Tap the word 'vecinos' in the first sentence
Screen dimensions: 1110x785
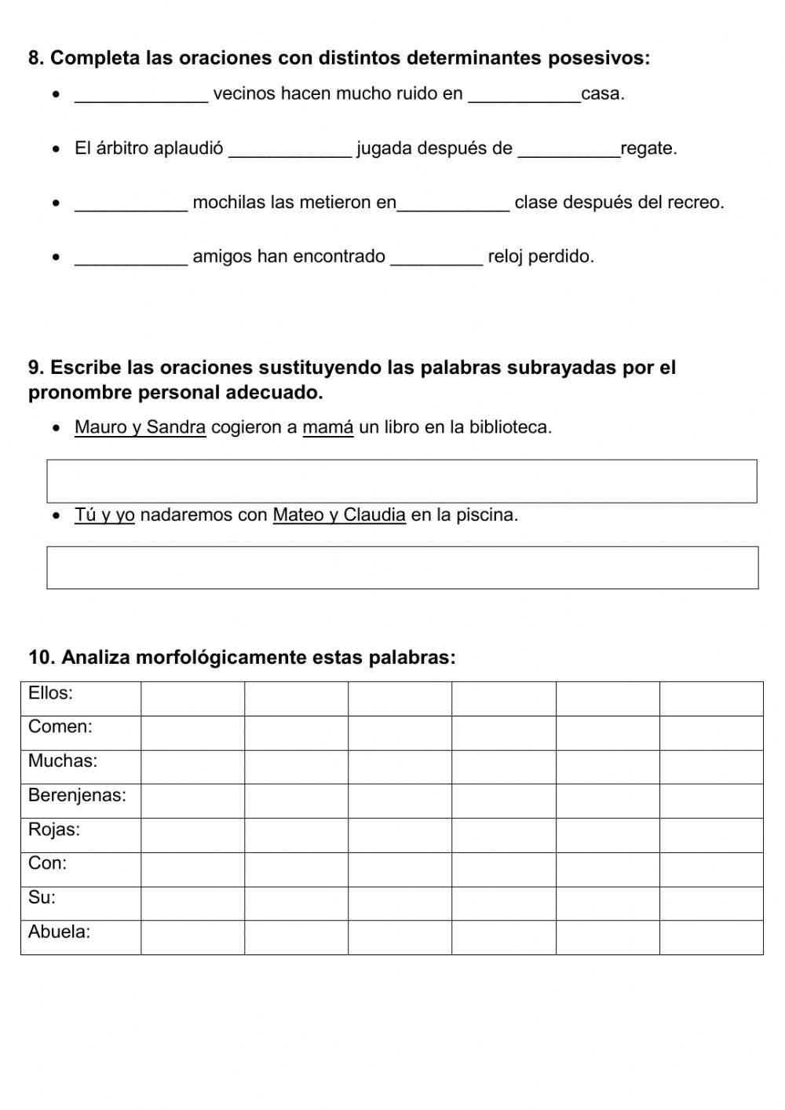coord(244,94)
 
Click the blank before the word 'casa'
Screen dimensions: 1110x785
coord(524,94)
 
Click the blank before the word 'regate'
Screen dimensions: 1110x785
coord(568,148)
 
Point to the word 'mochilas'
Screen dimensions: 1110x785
coord(228,203)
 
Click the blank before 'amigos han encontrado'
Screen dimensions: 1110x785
coord(131,257)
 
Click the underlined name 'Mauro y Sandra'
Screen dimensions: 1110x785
coord(140,427)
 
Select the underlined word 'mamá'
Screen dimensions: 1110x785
coord(328,427)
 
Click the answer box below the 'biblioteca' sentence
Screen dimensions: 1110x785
coord(402,481)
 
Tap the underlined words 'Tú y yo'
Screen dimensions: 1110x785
coord(104,515)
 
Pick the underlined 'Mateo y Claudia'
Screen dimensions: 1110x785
coord(339,515)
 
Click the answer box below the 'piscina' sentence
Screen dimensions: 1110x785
coord(402,567)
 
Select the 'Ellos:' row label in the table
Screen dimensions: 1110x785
coord(50,693)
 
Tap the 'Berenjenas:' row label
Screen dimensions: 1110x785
coord(77,796)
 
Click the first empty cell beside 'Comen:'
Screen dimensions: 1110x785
coord(192,733)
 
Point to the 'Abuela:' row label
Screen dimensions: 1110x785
coord(59,932)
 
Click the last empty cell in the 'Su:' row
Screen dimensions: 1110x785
coord(711,903)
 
